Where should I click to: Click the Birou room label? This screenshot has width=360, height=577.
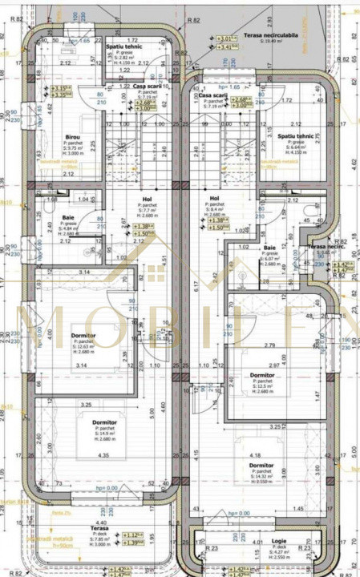coord(72,137)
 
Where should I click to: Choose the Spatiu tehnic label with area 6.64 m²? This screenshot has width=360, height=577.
coord(297,137)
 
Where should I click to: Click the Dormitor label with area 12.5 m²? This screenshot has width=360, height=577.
coord(262,375)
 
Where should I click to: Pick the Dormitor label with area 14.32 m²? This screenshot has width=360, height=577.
coord(261,465)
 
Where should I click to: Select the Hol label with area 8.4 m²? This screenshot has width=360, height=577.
coord(214,198)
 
